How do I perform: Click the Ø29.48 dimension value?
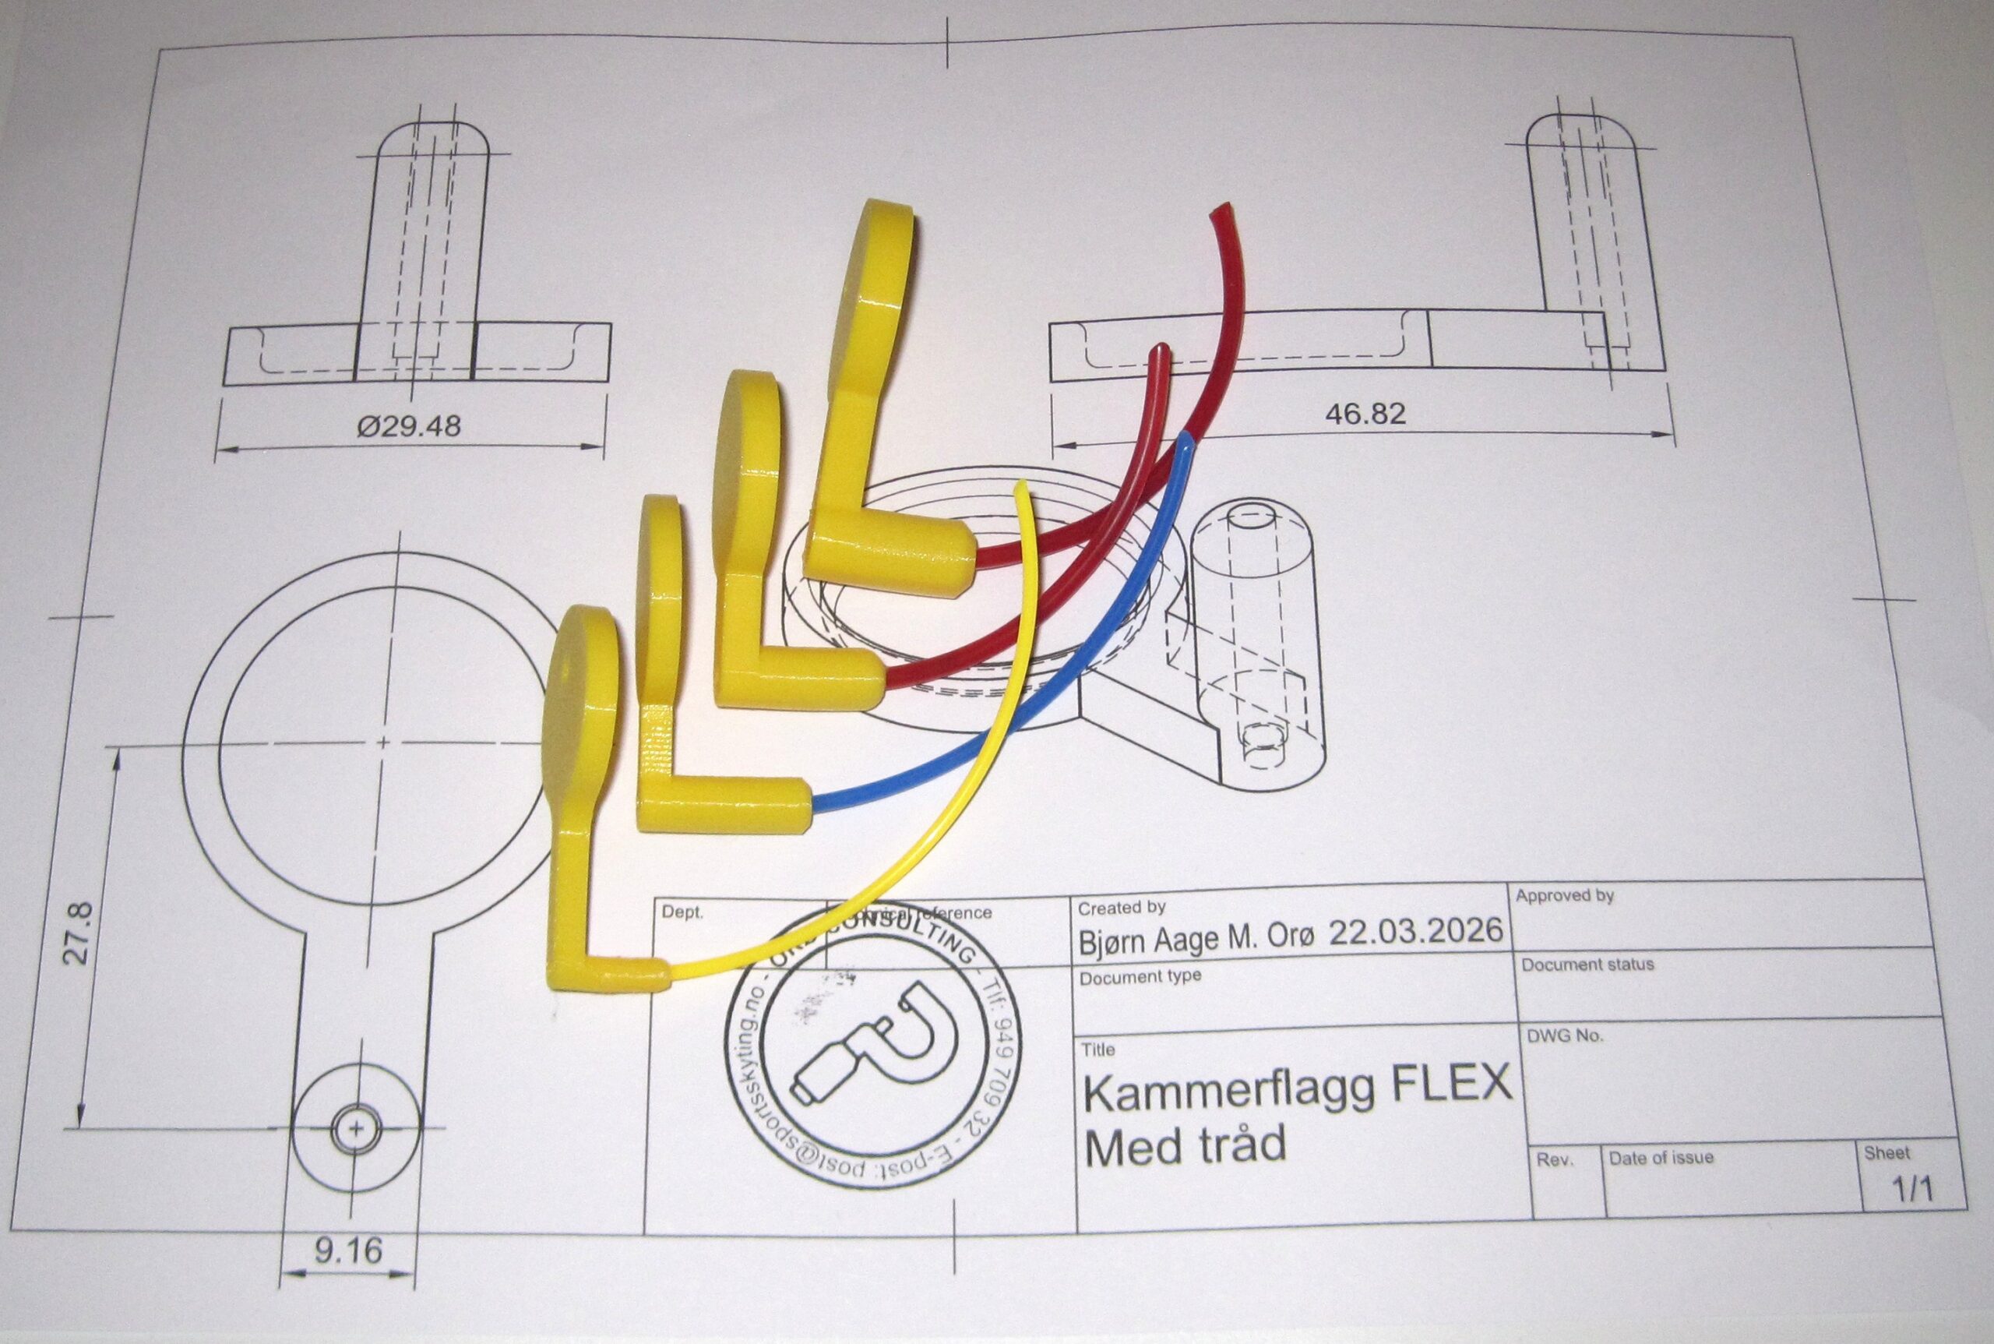tap(409, 425)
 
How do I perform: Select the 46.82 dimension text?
tap(1365, 414)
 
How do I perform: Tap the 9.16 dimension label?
tap(348, 1251)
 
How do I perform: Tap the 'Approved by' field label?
tap(1565, 897)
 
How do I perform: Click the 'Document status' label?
tap(1587, 965)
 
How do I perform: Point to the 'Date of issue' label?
tap(1661, 1158)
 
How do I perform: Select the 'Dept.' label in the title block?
tap(682, 912)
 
